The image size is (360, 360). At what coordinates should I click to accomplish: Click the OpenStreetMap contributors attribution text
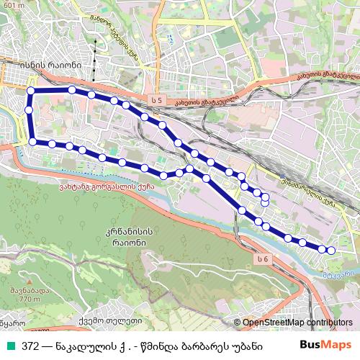(297, 323)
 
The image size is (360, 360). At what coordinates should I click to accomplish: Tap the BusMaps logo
(325, 346)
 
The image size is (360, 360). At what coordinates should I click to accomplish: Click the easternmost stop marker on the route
(331, 251)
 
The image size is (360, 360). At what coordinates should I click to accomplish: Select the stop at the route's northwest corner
(31, 91)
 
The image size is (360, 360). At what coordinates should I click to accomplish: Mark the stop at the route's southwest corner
(32, 141)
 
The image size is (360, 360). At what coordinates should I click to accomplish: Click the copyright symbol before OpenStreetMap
(238, 323)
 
